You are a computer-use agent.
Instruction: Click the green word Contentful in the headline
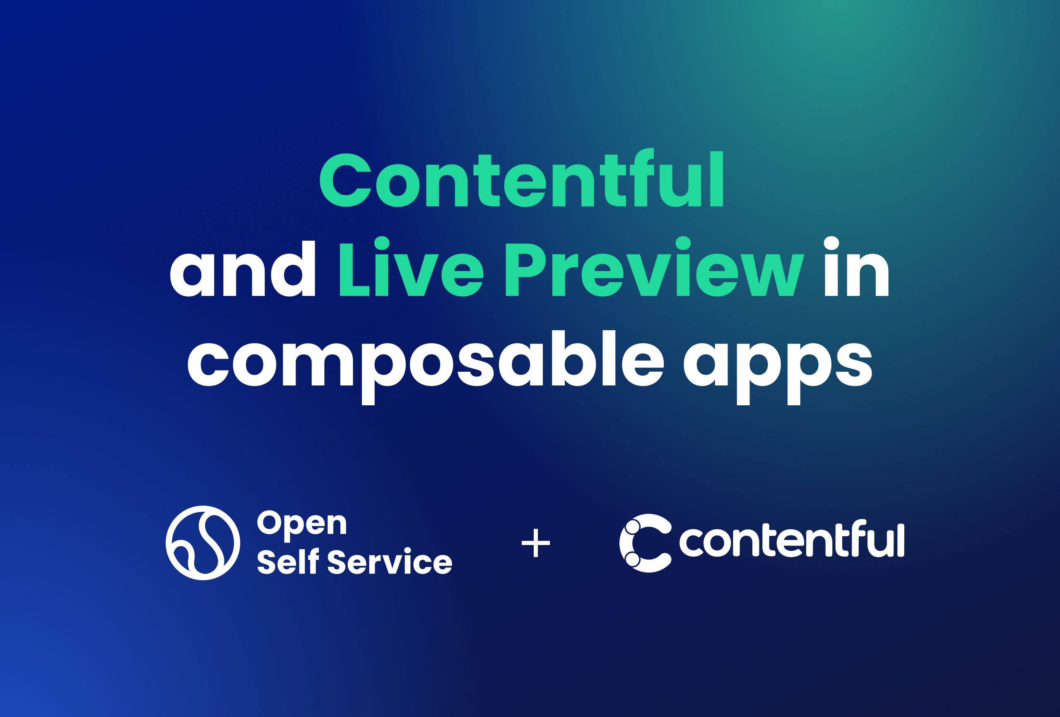pyautogui.click(x=521, y=180)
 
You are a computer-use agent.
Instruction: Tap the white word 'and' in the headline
pyautogui.click(x=242, y=269)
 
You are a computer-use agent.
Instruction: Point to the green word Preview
pyautogui.click(x=655, y=269)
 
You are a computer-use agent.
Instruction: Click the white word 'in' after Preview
pyautogui.click(x=856, y=269)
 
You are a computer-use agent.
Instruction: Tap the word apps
pyautogui.click(x=777, y=365)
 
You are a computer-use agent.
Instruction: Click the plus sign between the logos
pyautogui.click(x=535, y=543)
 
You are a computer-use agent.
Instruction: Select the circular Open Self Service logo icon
pyautogui.click(x=203, y=543)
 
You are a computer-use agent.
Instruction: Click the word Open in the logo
pyautogui.click(x=302, y=523)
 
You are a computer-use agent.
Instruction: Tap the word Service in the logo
pyautogui.click(x=390, y=562)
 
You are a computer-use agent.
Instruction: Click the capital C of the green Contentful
pyautogui.click(x=345, y=180)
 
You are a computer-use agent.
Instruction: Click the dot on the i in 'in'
pyautogui.click(x=831, y=243)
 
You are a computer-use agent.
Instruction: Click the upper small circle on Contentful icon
pyautogui.click(x=633, y=527)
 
